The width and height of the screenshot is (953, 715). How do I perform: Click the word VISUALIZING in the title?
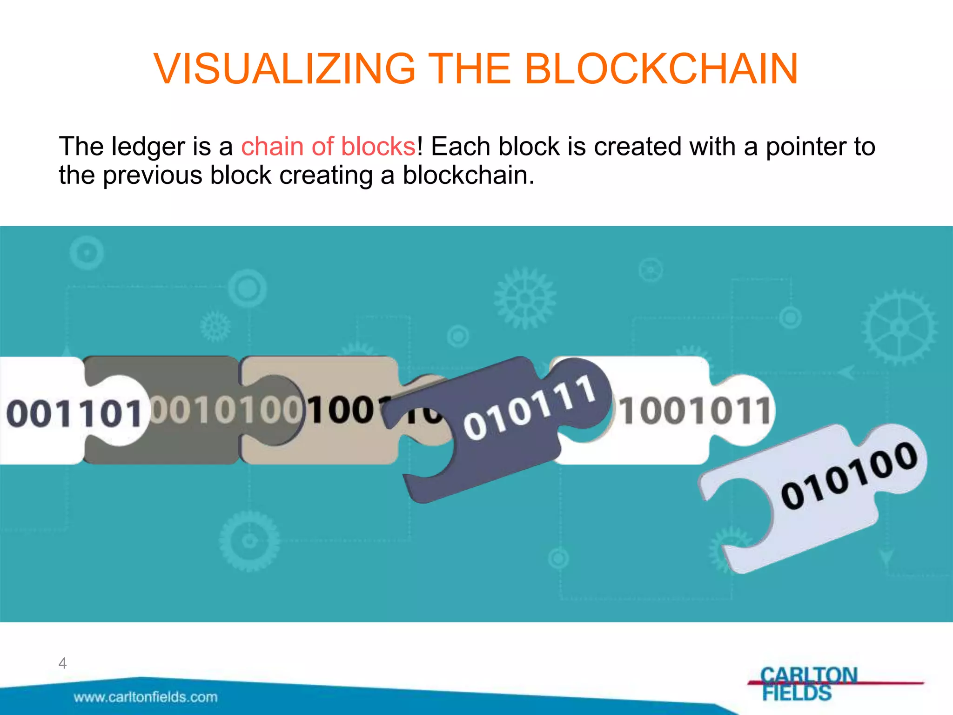(x=284, y=69)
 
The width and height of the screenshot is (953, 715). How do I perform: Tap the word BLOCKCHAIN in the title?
(x=661, y=69)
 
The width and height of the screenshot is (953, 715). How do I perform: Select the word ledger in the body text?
(x=148, y=147)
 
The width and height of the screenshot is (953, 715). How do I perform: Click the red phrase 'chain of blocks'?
(x=329, y=147)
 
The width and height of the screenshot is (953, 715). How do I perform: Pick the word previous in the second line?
(x=153, y=175)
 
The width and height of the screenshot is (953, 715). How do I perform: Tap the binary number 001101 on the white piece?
(x=74, y=413)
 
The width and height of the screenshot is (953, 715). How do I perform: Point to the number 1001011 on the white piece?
(x=696, y=411)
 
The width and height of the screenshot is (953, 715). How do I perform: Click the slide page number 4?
(x=62, y=663)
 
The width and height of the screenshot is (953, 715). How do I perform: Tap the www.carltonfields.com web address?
(x=146, y=697)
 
